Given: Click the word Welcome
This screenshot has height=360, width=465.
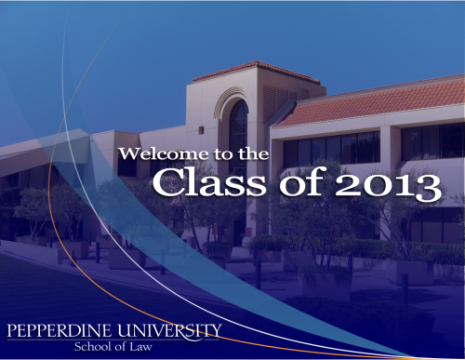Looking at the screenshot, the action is pos(164,153).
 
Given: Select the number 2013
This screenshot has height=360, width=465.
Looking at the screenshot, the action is pos(388,187).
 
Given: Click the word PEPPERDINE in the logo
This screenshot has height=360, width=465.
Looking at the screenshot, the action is pos(59,330).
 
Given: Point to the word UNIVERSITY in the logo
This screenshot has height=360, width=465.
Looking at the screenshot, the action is pos(170,331).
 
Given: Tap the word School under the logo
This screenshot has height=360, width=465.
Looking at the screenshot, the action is pos(93,347).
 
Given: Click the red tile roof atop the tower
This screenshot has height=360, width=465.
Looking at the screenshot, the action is pos(256,72).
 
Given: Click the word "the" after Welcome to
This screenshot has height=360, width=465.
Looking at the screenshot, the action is pos(253,153).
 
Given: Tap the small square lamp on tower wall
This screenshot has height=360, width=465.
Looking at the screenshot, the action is pos(201,130).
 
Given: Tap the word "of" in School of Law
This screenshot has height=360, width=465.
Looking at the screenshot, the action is pos(120,347).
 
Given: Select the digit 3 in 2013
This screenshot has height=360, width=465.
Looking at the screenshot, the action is pos(429,188).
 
